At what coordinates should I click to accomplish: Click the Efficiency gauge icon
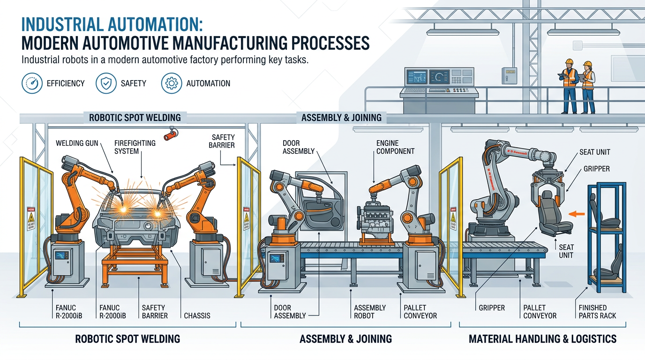[32, 83]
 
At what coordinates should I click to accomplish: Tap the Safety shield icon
[106, 83]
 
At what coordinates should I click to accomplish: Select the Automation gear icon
[172, 83]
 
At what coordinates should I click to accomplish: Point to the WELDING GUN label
[77, 143]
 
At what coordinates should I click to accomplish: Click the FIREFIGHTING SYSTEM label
[135, 147]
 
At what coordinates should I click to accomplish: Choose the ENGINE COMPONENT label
[395, 147]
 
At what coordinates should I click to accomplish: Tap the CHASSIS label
[197, 315]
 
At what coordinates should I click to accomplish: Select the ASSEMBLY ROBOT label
[370, 311]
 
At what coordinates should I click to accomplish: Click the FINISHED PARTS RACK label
[597, 311]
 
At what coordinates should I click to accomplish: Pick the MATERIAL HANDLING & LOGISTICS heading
[542, 338]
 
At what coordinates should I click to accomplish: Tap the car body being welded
[136, 225]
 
